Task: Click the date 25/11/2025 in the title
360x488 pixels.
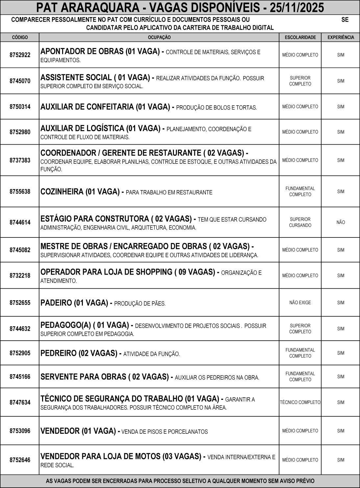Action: [297, 7]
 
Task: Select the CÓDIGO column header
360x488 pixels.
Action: [20, 37]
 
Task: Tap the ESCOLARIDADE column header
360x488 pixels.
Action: [300, 37]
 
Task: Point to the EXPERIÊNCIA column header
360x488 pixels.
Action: [341, 37]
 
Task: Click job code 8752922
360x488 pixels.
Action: [20, 55]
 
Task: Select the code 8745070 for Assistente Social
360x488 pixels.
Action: [20, 81]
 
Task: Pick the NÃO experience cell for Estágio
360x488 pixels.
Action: [341, 222]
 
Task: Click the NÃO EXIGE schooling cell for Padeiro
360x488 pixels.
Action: [300, 303]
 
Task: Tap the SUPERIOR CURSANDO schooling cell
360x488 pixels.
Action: [300, 222]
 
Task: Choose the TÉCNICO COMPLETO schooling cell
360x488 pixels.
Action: [300, 402]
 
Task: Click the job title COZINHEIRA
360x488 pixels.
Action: [61, 192]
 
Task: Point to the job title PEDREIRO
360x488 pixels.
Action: [58, 353]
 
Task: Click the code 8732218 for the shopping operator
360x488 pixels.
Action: [20, 276]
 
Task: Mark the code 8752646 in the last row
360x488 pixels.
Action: [20, 460]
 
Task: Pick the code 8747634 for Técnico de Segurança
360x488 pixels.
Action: [20, 402]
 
